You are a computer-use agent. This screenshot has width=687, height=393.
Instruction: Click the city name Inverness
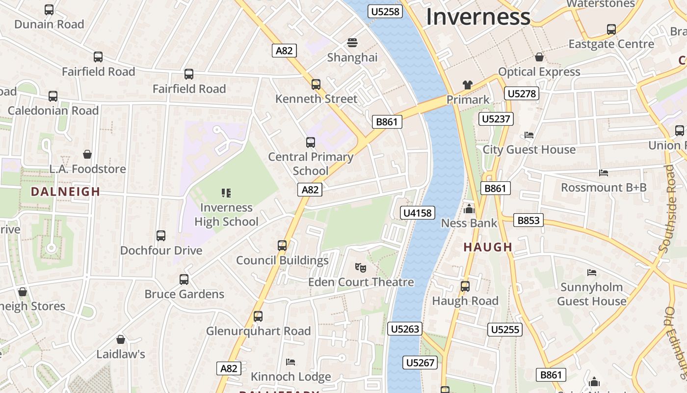point(478,17)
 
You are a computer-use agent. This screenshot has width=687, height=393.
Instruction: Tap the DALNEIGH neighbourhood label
point(65,192)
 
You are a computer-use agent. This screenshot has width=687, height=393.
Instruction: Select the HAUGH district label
point(488,247)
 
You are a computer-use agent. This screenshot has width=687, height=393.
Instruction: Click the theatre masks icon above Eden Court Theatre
point(361,268)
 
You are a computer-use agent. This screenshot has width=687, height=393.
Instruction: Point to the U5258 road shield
point(385,11)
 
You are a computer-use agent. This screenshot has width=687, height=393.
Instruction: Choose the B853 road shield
point(528,221)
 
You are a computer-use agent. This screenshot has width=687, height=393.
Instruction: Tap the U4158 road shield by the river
point(418,213)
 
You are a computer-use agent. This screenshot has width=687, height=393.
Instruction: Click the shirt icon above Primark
point(467,85)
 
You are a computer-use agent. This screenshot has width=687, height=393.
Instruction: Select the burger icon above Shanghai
point(352,43)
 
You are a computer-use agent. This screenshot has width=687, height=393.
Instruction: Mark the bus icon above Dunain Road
point(49,9)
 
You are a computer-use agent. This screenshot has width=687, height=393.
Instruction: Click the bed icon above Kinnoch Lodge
point(291,362)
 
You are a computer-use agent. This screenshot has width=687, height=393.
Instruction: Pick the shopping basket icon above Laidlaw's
point(121,339)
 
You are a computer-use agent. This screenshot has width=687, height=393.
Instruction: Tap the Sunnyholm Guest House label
point(591,294)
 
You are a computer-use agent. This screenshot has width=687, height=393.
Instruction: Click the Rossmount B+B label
point(604,187)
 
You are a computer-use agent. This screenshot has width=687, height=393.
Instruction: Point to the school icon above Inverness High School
point(226,193)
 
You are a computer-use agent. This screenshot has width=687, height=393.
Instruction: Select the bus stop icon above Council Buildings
point(282,245)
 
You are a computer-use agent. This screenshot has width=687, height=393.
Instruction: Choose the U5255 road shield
point(504,329)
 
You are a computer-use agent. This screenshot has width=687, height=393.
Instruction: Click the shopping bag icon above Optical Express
point(539,57)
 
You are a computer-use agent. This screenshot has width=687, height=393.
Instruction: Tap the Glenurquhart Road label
point(258,331)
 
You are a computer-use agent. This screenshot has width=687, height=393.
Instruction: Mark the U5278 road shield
point(522,93)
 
